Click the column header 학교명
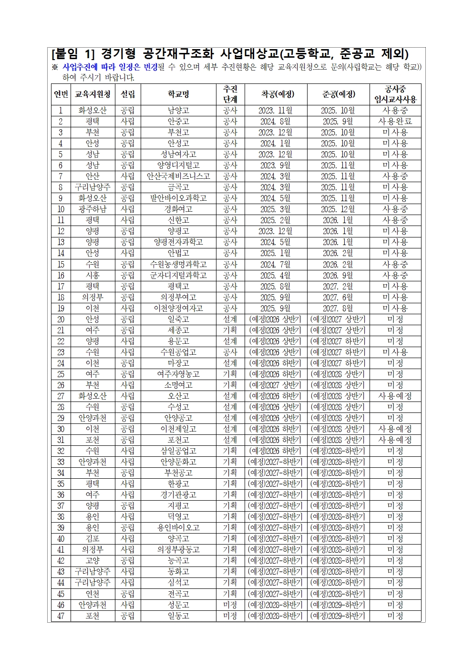[x=178, y=94]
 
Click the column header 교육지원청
[x=93, y=94]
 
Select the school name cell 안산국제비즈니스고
[x=178, y=176]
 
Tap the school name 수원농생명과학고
[x=178, y=264]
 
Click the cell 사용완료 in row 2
[x=395, y=122]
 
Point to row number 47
[x=61, y=616]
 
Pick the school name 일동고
[x=178, y=616]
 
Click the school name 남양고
[x=178, y=111]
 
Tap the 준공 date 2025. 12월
[x=338, y=209]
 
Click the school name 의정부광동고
[x=178, y=550]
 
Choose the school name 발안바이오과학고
[x=178, y=198]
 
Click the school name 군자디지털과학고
[x=178, y=276]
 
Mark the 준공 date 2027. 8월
[x=338, y=309]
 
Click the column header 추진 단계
[x=230, y=94]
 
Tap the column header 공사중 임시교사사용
[x=395, y=94]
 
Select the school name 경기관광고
[x=178, y=495]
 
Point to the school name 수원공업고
[x=178, y=352]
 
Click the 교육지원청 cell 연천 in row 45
[x=93, y=594]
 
